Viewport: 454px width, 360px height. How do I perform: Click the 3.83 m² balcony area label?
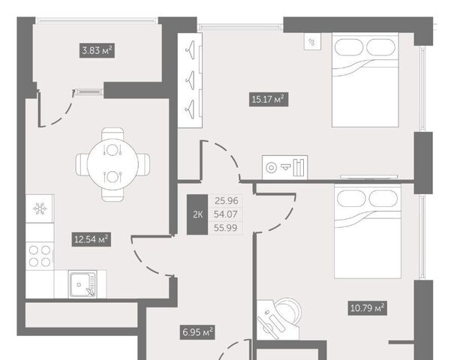coord(97,51)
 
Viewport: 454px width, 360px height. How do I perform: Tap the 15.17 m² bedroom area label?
coord(269,99)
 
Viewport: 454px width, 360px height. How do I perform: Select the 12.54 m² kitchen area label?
coord(92,239)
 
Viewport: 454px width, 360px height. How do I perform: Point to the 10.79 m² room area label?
coord(367,308)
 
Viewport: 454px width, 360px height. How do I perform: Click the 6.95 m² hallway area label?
coord(197,332)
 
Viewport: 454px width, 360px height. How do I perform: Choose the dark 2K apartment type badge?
coord(197,214)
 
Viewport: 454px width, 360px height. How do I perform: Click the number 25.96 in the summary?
coord(226,200)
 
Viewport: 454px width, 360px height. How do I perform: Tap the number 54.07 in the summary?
coord(226,214)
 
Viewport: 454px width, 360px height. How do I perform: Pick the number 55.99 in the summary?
coord(226,228)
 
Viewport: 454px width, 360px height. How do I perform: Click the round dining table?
coord(113,164)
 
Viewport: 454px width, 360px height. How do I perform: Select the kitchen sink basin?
coord(82,284)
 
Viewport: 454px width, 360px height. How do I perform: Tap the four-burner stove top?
coord(40,256)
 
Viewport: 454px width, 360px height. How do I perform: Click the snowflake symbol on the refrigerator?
coord(40,208)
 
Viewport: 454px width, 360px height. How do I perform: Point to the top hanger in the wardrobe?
coord(190,50)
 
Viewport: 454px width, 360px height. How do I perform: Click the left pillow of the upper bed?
coord(349,47)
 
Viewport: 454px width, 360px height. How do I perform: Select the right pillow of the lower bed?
coord(383,199)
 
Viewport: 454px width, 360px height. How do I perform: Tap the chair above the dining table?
coord(113,134)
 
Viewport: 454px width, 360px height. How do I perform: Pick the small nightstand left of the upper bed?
coord(312,41)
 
